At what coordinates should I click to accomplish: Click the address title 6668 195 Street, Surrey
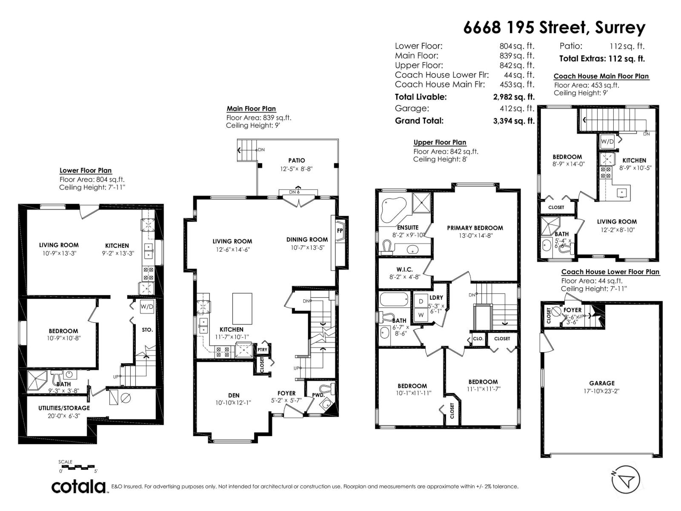click(554, 28)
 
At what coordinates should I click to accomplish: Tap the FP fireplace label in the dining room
click(340, 230)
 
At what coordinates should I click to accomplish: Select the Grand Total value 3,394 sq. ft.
click(513, 121)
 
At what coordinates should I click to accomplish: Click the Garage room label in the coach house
click(601, 383)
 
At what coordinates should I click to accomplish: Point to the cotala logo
click(79, 486)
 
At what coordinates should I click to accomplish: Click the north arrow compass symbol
click(625, 480)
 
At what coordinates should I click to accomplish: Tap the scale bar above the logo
click(78, 467)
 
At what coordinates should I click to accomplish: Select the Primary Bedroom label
click(475, 228)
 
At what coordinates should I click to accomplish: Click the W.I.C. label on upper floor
click(404, 270)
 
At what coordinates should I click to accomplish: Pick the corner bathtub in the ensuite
click(394, 210)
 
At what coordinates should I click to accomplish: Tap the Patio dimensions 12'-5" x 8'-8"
click(296, 169)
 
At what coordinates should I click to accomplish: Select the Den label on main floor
click(233, 395)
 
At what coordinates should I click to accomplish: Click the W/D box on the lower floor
click(147, 306)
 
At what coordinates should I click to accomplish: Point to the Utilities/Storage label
click(64, 408)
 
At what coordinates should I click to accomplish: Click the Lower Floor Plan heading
click(86, 170)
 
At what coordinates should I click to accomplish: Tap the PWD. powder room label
click(318, 395)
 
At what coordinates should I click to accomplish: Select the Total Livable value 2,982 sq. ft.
click(513, 97)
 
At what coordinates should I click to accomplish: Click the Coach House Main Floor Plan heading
click(601, 76)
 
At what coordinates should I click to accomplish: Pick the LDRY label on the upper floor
click(436, 298)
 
